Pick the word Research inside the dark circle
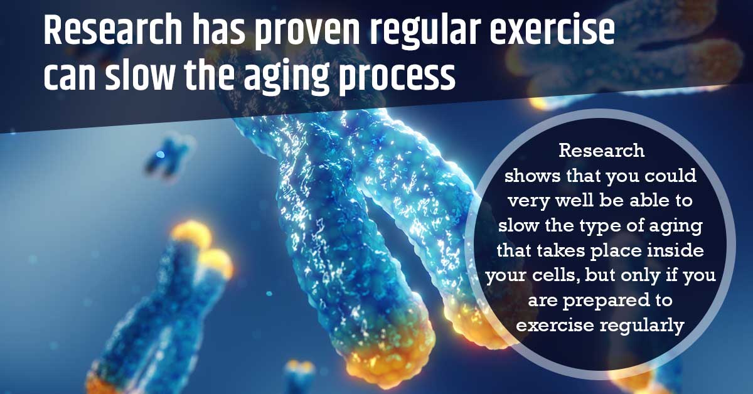pos(601,151)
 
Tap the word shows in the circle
pos(531,176)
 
